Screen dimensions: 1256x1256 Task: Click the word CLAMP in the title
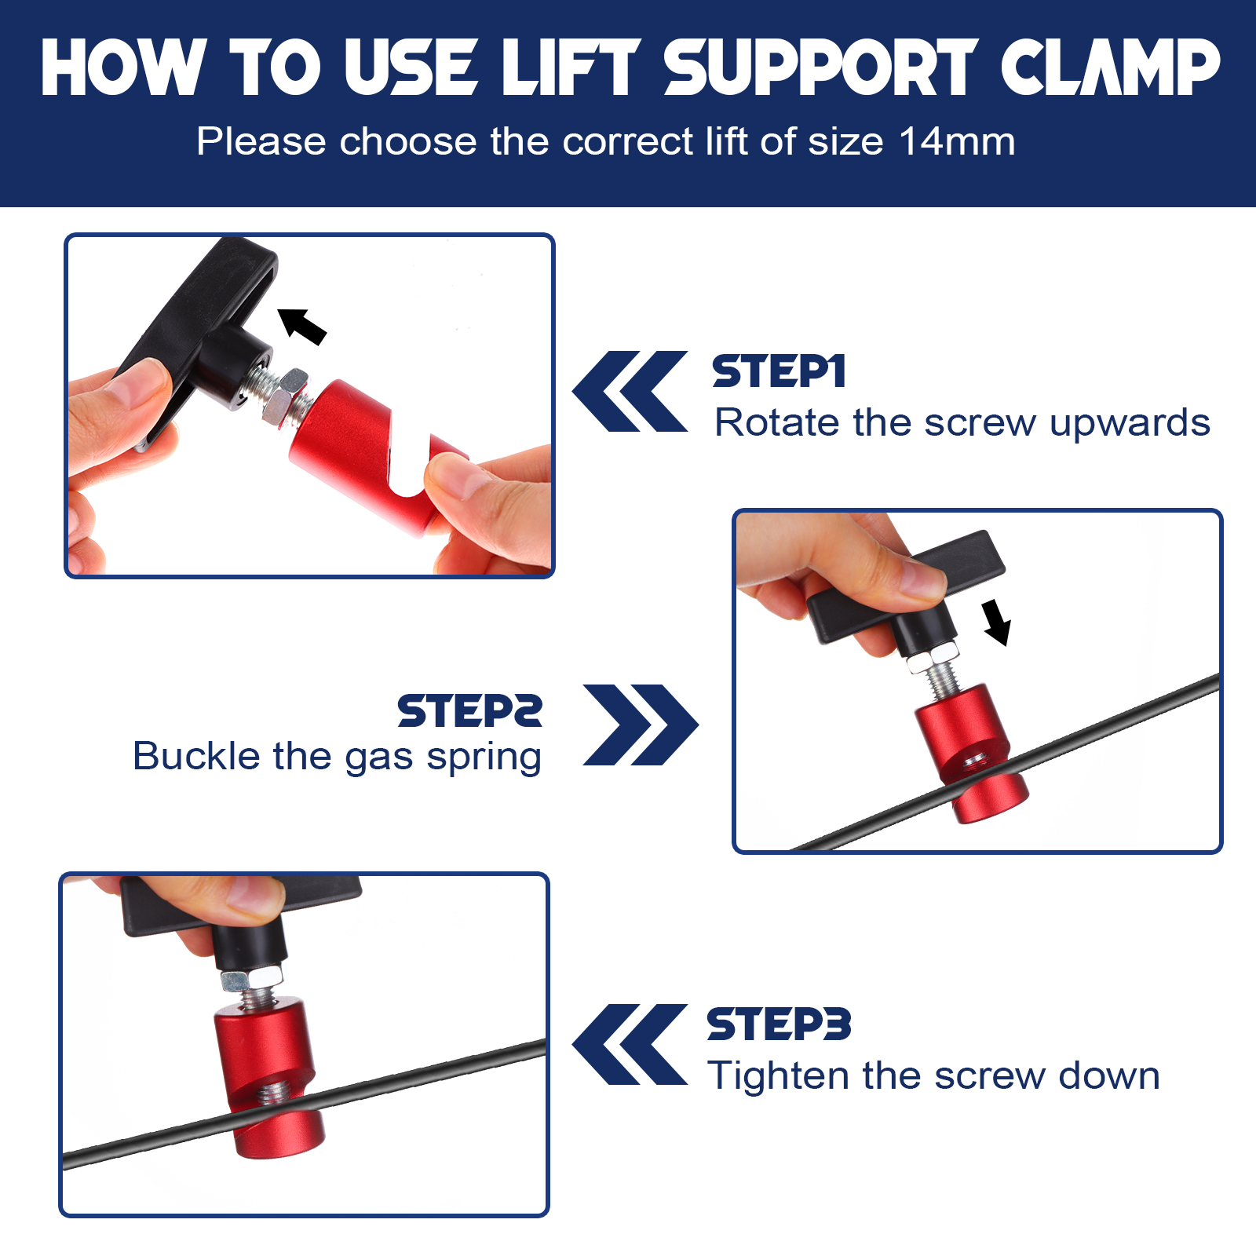1110,68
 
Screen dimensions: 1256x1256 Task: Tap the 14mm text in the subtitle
957,142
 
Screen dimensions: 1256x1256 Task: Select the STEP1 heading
779,371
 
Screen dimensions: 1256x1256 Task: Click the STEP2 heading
469,711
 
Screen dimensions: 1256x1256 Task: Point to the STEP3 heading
779,1024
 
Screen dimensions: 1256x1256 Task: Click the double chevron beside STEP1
630,391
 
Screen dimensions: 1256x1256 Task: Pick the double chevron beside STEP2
641,725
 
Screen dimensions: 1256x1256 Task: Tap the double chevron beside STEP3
630,1044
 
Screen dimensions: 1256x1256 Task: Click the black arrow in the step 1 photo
302,326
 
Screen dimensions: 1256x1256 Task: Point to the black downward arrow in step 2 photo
997,622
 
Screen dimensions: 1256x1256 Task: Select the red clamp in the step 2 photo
972,753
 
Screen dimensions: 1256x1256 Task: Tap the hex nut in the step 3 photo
251,978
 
